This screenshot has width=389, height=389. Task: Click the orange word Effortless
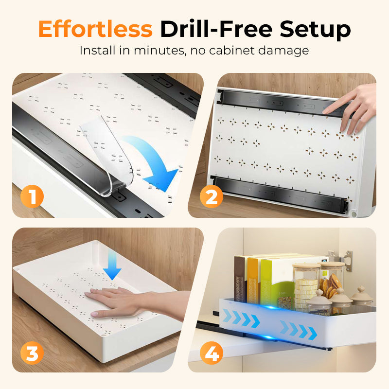coord(95,29)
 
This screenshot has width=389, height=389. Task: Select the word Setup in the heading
coord(315,30)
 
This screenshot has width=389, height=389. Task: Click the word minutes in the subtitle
coord(160,51)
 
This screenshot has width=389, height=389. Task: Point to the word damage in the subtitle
coord(283,52)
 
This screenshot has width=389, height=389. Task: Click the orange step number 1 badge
coord(32,196)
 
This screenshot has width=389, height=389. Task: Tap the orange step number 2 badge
coord(212,196)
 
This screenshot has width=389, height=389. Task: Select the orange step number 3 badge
coord(32,353)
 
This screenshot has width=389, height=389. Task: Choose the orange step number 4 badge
coord(212,353)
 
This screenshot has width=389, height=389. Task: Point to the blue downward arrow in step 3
coord(112,265)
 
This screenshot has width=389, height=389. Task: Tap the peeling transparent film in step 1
coord(106,154)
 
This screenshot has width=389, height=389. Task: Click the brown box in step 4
coord(240,279)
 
